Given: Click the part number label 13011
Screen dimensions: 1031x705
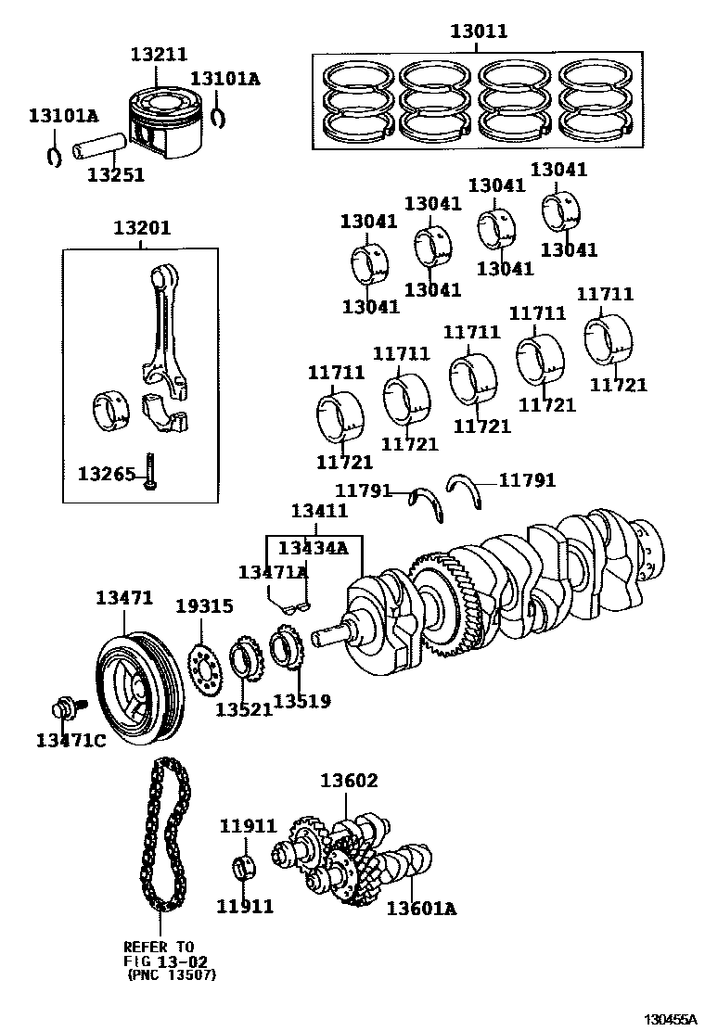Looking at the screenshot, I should [x=479, y=32].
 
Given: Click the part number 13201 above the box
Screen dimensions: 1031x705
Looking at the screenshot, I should [x=142, y=228].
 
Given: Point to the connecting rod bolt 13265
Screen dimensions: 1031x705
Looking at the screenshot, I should [x=149, y=473].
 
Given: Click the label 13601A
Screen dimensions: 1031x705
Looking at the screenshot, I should [x=421, y=908].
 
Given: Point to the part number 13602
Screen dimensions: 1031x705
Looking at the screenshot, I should [x=349, y=782].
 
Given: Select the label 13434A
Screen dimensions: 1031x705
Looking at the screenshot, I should [x=313, y=548].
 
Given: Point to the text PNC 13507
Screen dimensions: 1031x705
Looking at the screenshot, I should [x=168, y=974].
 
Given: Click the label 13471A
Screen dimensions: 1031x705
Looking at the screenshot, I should [x=273, y=573].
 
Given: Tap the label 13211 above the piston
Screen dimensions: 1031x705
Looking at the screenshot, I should [x=159, y=56].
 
